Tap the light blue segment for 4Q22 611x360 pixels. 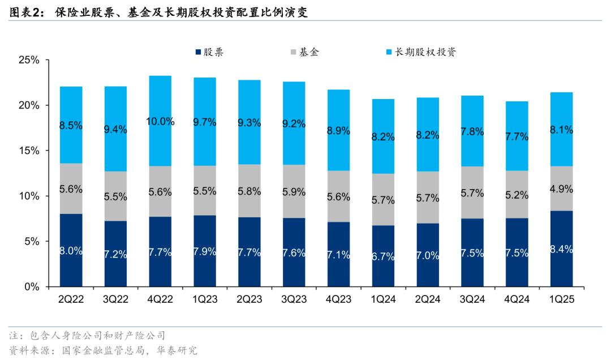click(160, 121)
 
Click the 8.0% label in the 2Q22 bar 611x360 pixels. click(71, 251)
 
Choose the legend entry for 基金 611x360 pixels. click(304, 52)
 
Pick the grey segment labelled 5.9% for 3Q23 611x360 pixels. click(294, 191)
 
